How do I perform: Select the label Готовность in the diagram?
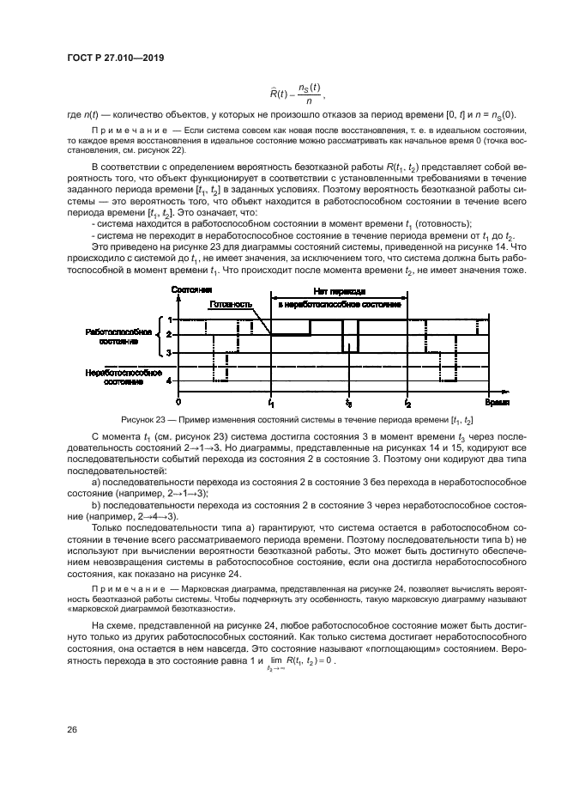227,303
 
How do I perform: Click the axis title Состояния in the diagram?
192,290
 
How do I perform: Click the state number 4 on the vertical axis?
169,380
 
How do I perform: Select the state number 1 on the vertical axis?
169,319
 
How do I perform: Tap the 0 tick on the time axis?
178,401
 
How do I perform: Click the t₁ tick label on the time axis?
271,402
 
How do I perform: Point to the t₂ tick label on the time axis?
407,402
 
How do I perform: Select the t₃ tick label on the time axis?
348,402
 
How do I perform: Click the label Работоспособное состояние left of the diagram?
118,336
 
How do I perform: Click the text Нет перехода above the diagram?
339,292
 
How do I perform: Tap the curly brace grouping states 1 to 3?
159,336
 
